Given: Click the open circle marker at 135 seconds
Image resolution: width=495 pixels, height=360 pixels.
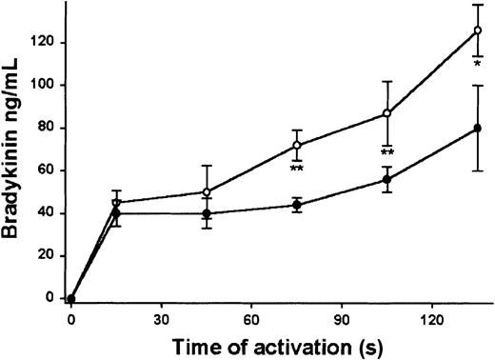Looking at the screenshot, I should coord(477,30).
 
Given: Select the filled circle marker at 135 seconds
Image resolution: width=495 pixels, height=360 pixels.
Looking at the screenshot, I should coord(477,128).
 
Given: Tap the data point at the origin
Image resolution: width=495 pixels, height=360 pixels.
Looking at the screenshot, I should coord(71,298).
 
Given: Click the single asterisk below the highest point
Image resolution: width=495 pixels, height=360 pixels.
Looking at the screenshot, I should coord(477,66).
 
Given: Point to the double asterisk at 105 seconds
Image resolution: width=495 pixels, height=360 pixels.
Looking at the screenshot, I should coord(387,153).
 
